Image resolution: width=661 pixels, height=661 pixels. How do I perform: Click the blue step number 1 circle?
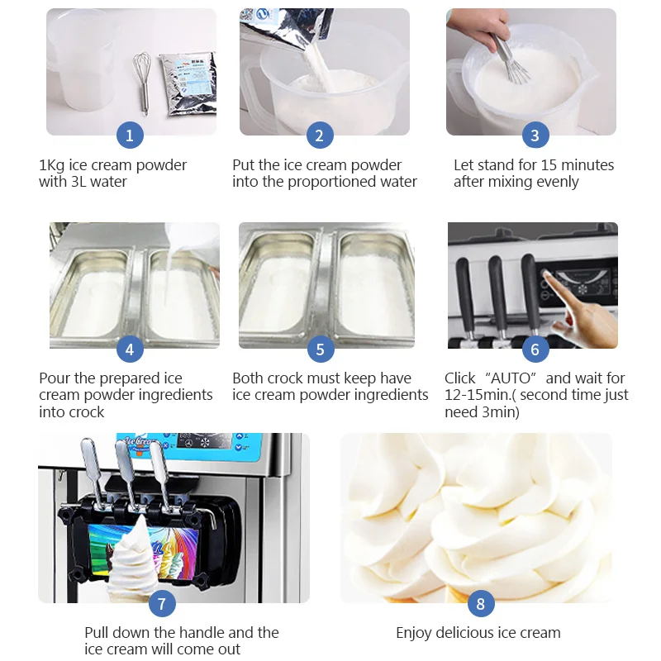point(129,135)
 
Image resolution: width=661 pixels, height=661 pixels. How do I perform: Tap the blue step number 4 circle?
point(129,349)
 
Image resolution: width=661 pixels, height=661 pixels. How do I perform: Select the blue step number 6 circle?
point(535,349)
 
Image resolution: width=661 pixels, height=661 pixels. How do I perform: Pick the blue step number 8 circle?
point(480,603)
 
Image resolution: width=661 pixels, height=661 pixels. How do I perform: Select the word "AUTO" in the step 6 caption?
point(511,378)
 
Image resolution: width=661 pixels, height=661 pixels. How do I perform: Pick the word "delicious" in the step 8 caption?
point(474,633)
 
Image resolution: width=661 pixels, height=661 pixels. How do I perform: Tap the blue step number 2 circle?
point(320,135)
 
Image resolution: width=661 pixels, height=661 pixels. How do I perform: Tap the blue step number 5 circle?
point(320,349)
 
